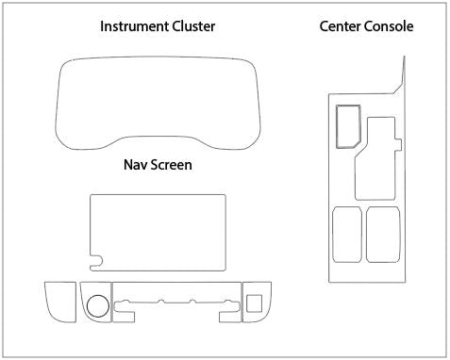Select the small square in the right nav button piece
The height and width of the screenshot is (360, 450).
coord(253,303)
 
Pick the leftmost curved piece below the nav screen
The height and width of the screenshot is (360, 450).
coord(58,301)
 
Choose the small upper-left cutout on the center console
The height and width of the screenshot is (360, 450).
coord(346,125)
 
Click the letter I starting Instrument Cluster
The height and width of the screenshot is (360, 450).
coord(103,25)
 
